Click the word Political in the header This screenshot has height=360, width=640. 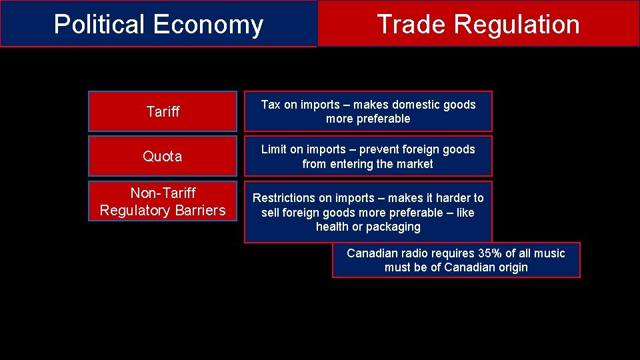tap(99, 25)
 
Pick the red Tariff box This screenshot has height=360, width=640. tap(163, 111)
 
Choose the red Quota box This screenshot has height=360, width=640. tap(163, 156)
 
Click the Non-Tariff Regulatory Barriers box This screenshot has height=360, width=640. tap(163, 201)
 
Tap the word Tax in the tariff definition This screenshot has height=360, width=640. tap(271, 105)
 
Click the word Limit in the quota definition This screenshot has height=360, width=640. tap(275, 149)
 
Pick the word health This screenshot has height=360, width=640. tap(332, 227)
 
